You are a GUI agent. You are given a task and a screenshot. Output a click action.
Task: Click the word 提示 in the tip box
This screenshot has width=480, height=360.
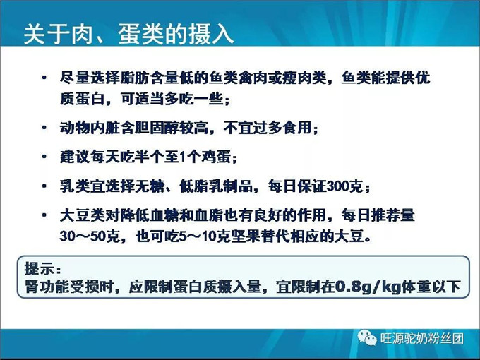tap(38, 269)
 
